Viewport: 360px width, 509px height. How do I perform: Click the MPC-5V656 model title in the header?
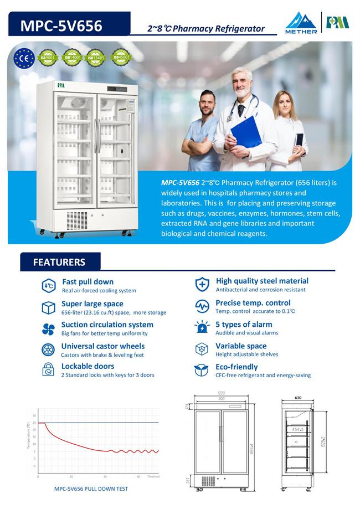click(x=61, y=25)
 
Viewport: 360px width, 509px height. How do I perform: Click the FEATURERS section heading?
click(x=59, y=262)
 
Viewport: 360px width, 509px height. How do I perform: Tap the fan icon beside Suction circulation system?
click(x=48, y=329)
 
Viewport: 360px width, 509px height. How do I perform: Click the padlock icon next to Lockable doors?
click(x=48, y=369)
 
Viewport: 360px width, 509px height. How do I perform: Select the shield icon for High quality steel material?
click(x=202, y=285)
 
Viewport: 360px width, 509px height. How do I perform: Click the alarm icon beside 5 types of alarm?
click(x=202, y=327)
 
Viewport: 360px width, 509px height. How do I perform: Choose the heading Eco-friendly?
click(x=236, y=367)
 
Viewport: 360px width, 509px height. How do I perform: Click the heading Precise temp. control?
click(x=253, y=303)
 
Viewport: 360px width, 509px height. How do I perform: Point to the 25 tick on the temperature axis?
click(x=34, y=423)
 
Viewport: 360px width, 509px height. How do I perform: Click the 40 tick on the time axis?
click(x=105, y=476)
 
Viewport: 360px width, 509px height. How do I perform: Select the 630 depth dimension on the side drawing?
click(x=297, y=397)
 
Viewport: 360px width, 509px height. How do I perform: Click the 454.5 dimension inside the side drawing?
click(x=298, y=429)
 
